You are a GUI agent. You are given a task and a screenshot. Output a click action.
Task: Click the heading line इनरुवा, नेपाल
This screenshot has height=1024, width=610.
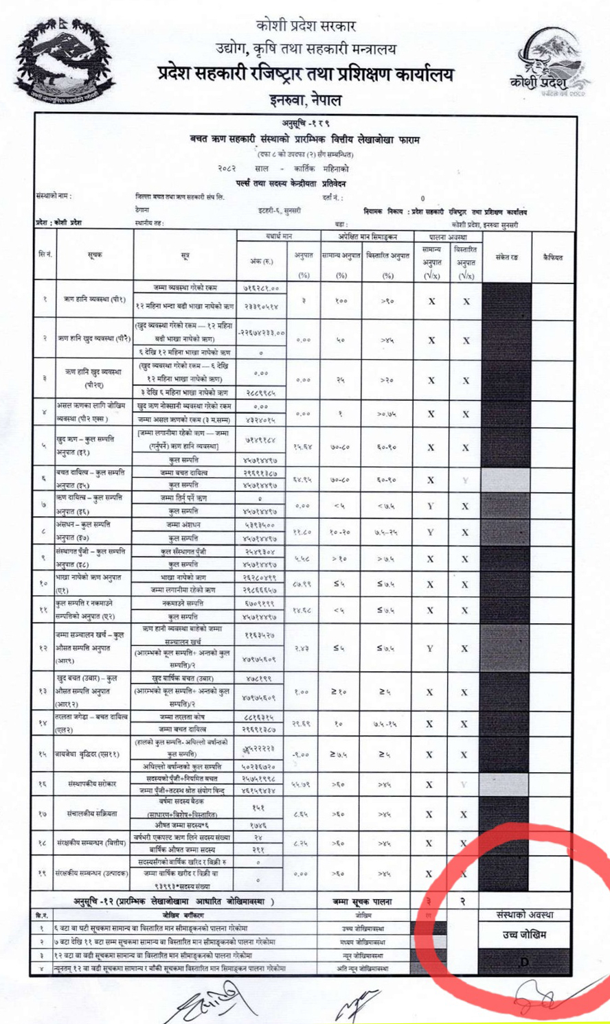305,100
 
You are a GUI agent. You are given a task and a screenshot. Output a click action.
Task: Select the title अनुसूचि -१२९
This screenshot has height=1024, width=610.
305,124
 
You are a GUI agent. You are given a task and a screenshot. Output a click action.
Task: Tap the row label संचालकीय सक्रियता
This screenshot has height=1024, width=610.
97,814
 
